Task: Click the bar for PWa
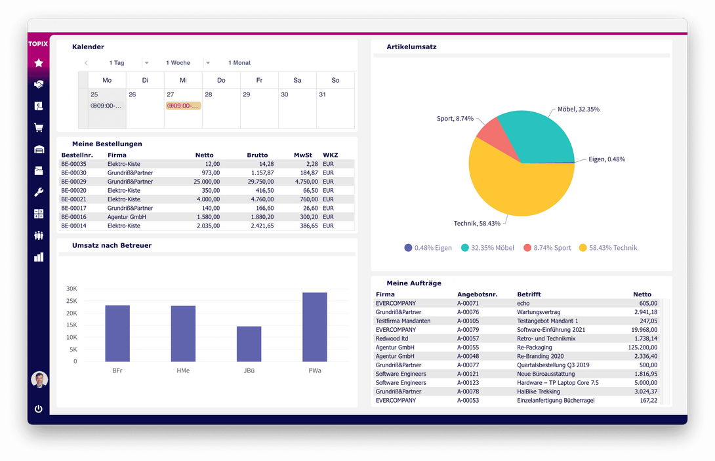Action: (314, 327)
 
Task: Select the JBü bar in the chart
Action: (249, 344)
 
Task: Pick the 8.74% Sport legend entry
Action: (547, 248)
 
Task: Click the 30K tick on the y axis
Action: (71, 289)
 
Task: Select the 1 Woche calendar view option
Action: (178, 63)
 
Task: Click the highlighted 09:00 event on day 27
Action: (183, 106)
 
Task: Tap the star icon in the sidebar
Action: (39, 63)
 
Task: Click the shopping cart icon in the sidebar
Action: (39, 128)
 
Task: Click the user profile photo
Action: (39, 380)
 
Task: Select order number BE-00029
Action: (73, 182)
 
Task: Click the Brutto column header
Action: (257, 155)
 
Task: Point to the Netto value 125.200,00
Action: (642, 348)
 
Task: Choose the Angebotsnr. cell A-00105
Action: (468, 321)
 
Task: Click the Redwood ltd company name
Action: (392, 338)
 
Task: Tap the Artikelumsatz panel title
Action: (411, 47)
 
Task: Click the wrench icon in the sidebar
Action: (39, 192)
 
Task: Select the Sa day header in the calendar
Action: (297, 80)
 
